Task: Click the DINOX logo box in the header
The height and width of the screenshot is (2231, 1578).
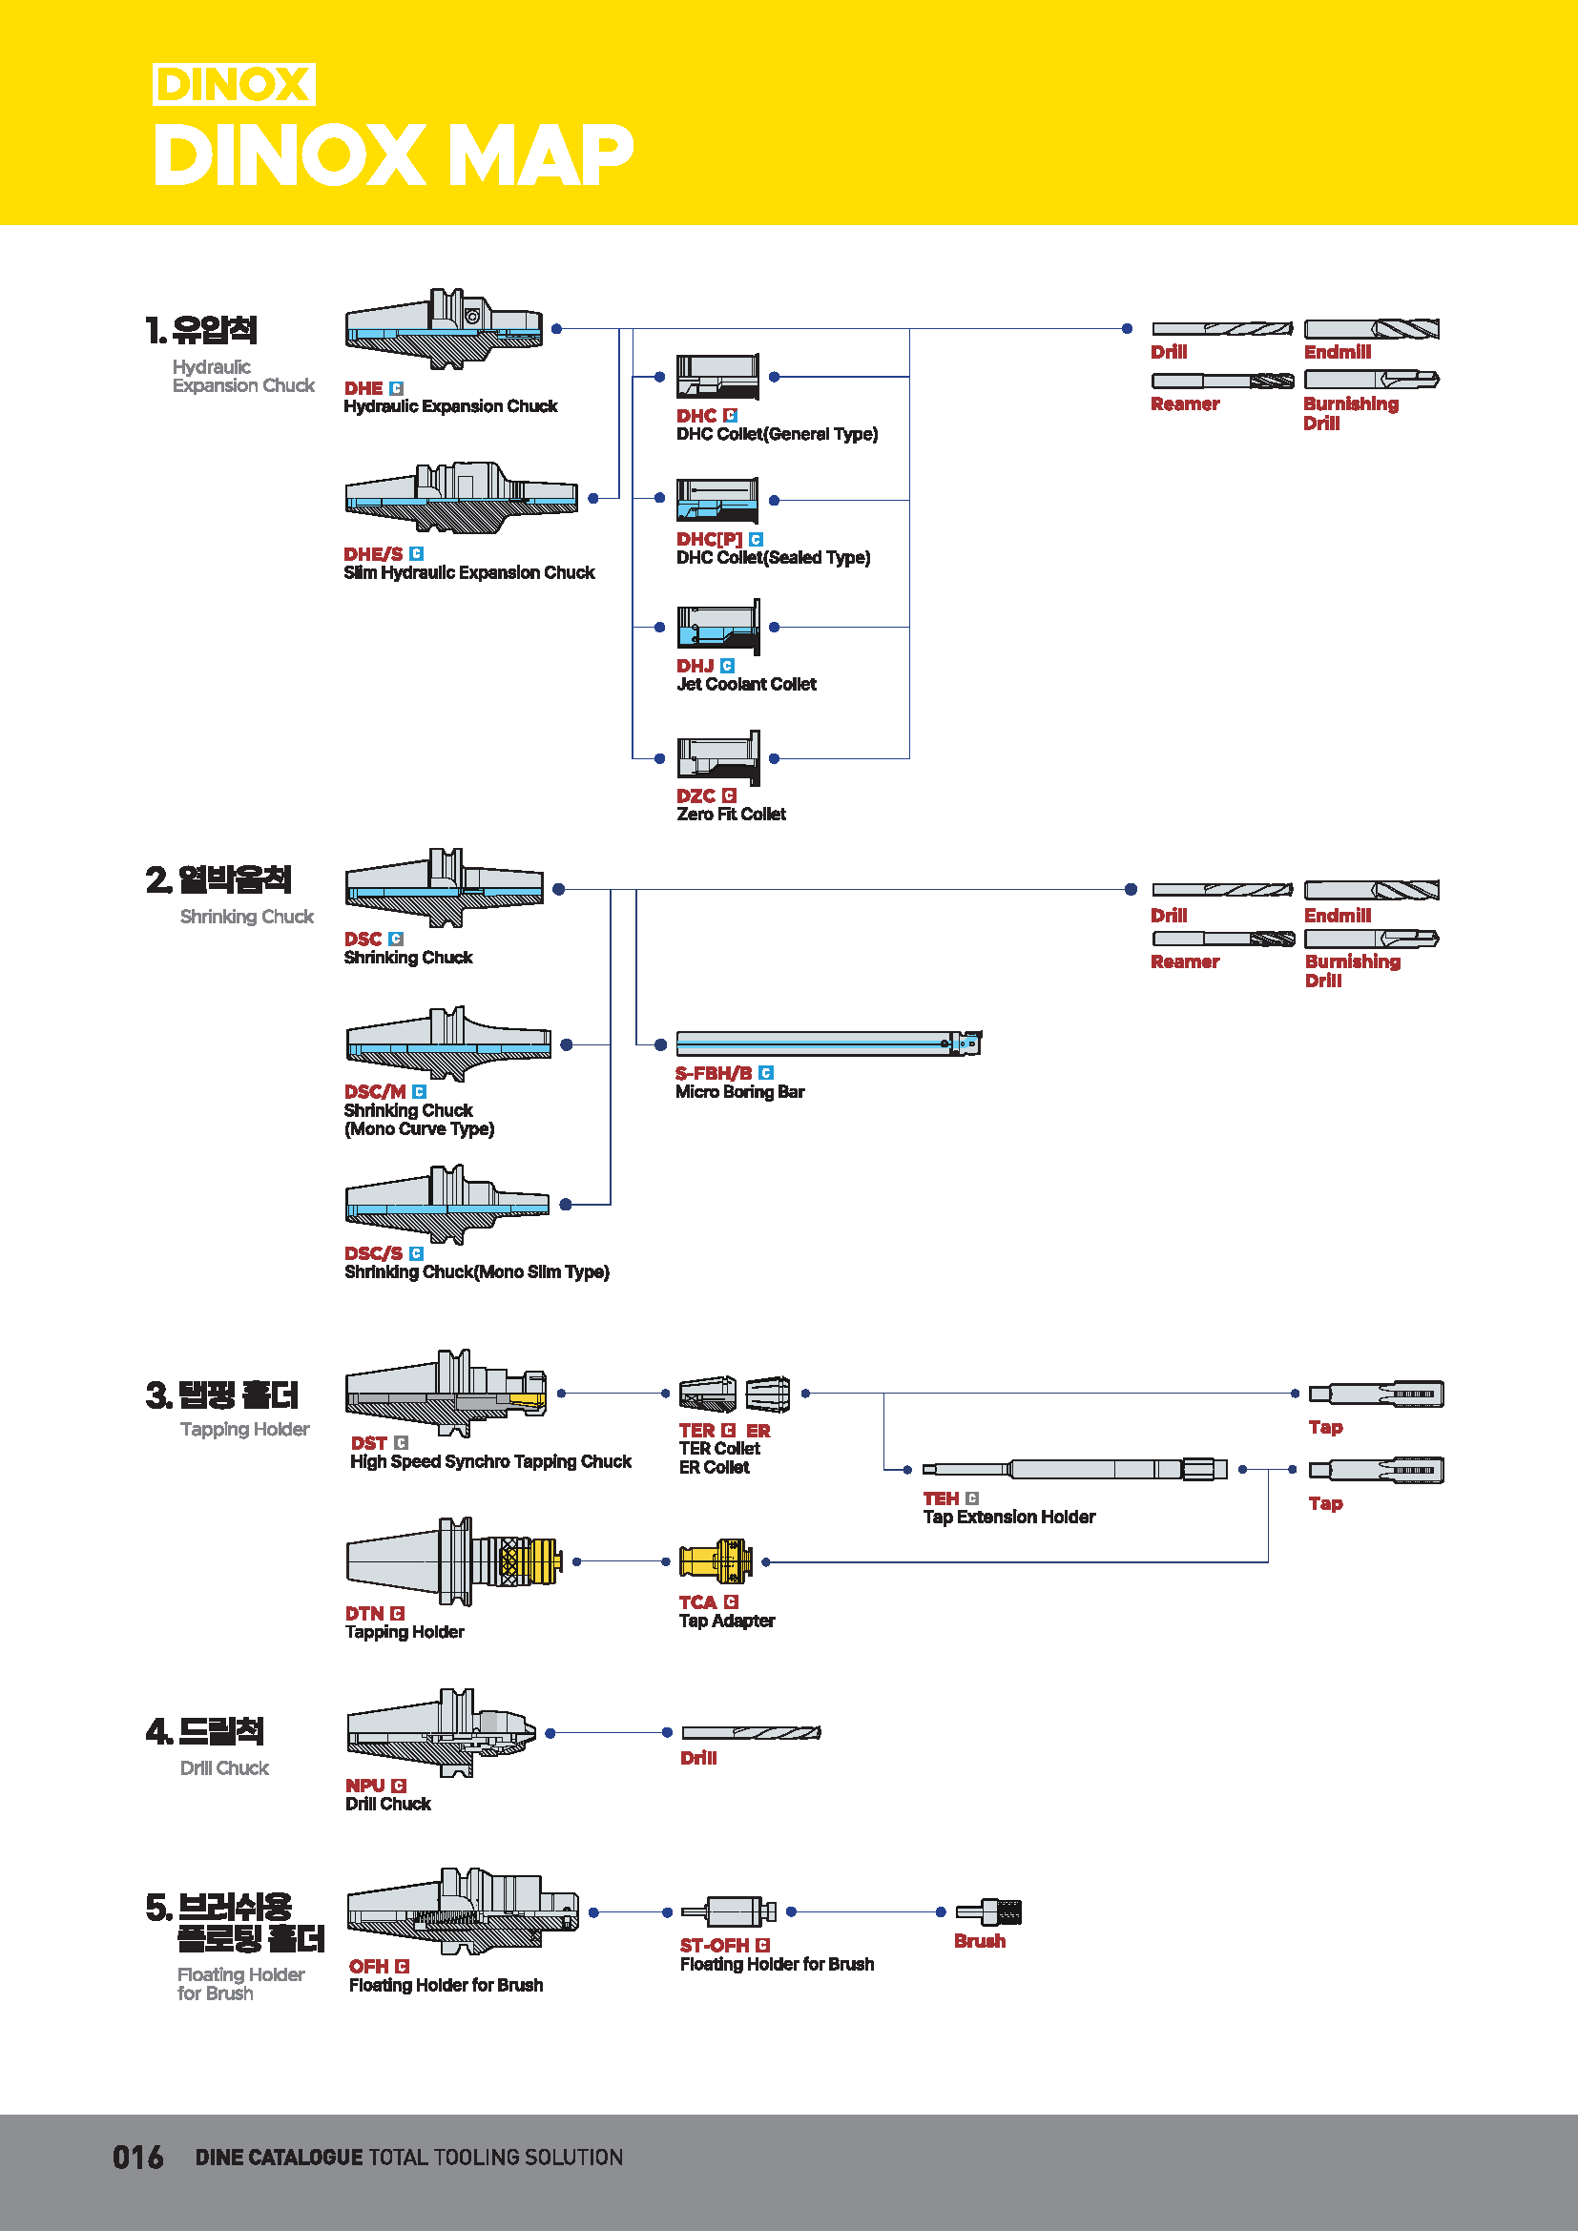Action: point(233,85)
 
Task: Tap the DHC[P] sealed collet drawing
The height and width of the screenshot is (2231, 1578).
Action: point(717,501)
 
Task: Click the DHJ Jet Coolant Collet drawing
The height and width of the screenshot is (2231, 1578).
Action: point(718,628)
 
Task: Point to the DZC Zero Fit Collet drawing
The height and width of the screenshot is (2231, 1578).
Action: point(718,757)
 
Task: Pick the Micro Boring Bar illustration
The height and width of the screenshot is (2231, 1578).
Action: point(828,1043)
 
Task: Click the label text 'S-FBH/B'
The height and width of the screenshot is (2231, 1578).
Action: point(714,1073)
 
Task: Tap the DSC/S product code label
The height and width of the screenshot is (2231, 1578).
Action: point(373,1253)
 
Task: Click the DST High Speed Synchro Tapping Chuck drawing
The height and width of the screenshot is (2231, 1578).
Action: point(446,1394)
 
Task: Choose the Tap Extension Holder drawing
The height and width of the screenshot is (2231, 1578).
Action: point(1073,1469)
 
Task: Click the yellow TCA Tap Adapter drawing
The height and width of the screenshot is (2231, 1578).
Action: point(716,1561)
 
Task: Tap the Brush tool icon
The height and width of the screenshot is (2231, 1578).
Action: point(988,1912)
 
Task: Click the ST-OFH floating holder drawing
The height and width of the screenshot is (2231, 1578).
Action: point(729,1911)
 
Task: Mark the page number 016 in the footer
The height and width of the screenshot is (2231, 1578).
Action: point(137,2158)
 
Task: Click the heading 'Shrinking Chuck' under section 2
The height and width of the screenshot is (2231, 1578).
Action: point(247,917)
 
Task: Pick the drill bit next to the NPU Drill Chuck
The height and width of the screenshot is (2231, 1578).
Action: point(751,1732)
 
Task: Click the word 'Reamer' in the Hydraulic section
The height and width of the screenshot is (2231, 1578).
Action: point(1185,404)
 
